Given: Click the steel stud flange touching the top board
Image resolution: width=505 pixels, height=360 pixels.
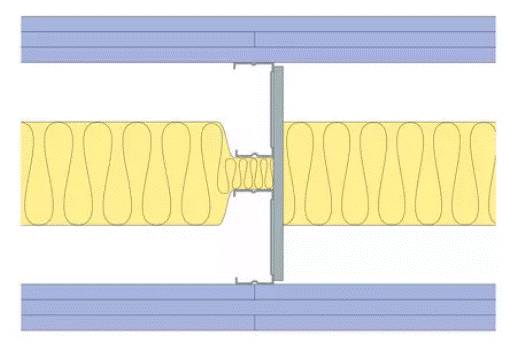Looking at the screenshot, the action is click(x=250, y=66).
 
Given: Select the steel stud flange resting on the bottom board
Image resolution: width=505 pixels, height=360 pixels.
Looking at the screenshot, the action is click(x=250, y=281).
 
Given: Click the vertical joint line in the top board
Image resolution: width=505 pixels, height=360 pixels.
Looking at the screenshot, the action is click(x=254, y=40).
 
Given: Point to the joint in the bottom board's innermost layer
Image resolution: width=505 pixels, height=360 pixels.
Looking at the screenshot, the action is click(x=254, y=292).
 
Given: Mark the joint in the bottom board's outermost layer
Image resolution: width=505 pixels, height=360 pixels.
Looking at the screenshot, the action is click(x=254, y=322).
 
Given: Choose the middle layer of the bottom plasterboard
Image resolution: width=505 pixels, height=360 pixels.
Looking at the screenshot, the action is click(x=130, y=307).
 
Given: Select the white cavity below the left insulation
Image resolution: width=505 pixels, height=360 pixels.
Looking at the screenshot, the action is click(x=120, y=250).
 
